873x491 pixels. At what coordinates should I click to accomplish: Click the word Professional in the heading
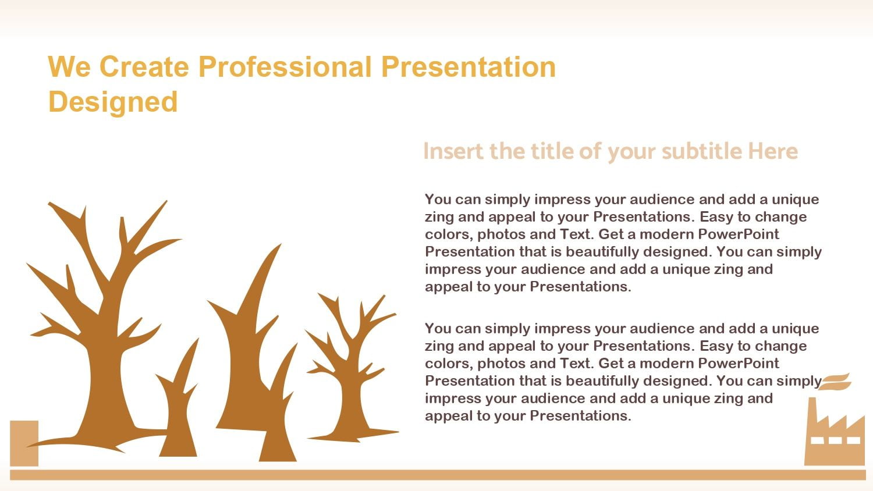tap(285, 67)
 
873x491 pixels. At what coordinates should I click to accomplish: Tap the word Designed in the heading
tap(113, 102)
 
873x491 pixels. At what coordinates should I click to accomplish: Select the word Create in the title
tap(144, 67)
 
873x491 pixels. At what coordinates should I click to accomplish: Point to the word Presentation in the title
tap(469, 67)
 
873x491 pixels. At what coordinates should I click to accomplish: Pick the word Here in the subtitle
tap(773, 151)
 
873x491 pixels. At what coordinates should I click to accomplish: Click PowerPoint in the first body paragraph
tap(738, 234)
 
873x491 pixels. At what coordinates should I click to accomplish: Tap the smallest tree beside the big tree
tap(178, 413)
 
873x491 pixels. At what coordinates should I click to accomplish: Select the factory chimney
tap(812, 417)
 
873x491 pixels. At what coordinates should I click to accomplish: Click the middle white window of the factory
tap(835, 440)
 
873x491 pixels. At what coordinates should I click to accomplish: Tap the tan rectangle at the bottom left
tap(24, 443)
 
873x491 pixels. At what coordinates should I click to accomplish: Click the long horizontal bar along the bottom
tap(438, 475)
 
